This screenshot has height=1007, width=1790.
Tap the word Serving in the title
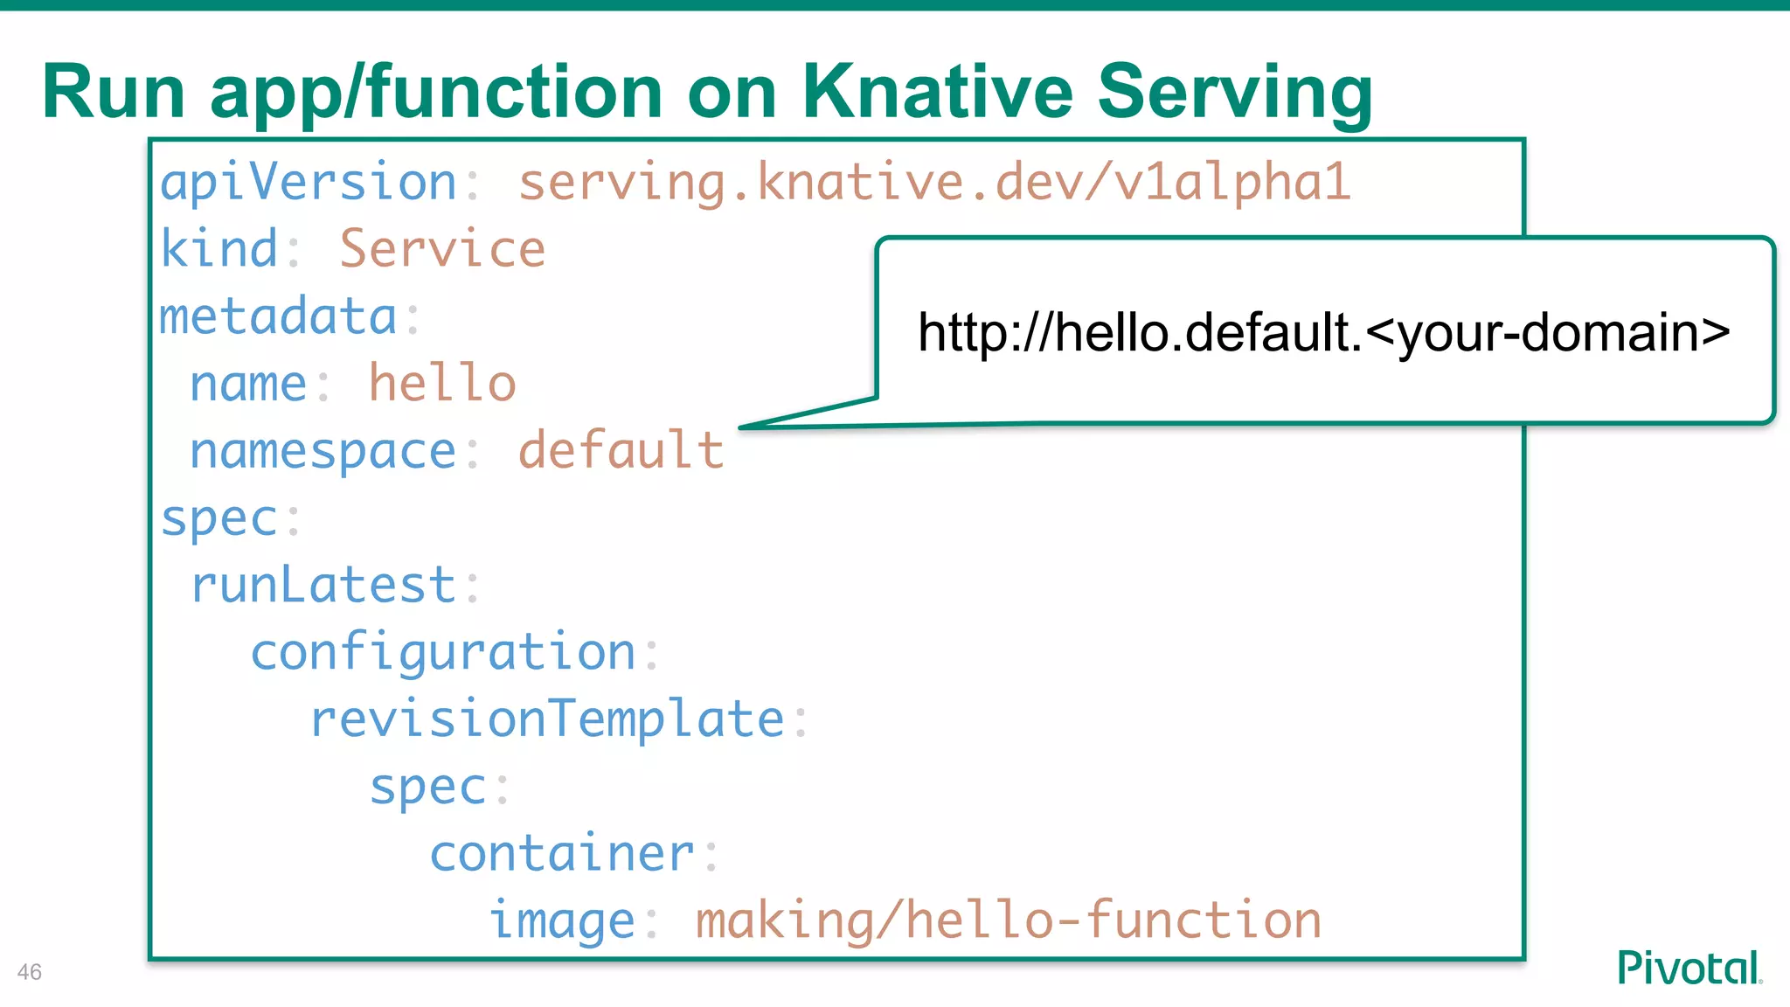click(x=1234, y=93)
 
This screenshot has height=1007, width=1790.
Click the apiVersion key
click(x=308, y=183)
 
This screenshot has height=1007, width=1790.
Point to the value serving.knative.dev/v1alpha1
click(x=934, y=183)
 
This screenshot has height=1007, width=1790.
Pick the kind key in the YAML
click(x=219, y=249)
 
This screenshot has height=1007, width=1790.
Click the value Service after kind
click(x=442, y=249)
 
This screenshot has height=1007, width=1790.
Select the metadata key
click(x=278, y=316)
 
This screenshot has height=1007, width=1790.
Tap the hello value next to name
click(x=442, y=384)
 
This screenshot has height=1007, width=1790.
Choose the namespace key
click(x=323, y=452)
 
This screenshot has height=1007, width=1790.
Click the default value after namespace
click(x=621, y=451)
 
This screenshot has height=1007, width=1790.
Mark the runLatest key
click(x=323, y=585)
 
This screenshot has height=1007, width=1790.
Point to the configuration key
click(x=443, y=653)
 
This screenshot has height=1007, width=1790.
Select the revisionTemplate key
click(x=547, y=719)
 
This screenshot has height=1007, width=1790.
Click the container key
click(x=562, y=854)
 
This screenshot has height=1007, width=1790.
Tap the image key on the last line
click(x=562, y=921)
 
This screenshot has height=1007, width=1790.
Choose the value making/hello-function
click(x=1008, y=921)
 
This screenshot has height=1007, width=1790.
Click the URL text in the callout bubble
click(x=1323, y=333)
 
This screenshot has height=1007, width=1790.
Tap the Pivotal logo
click(x=1689, y=968)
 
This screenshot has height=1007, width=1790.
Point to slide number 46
click(x=29, y=972)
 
